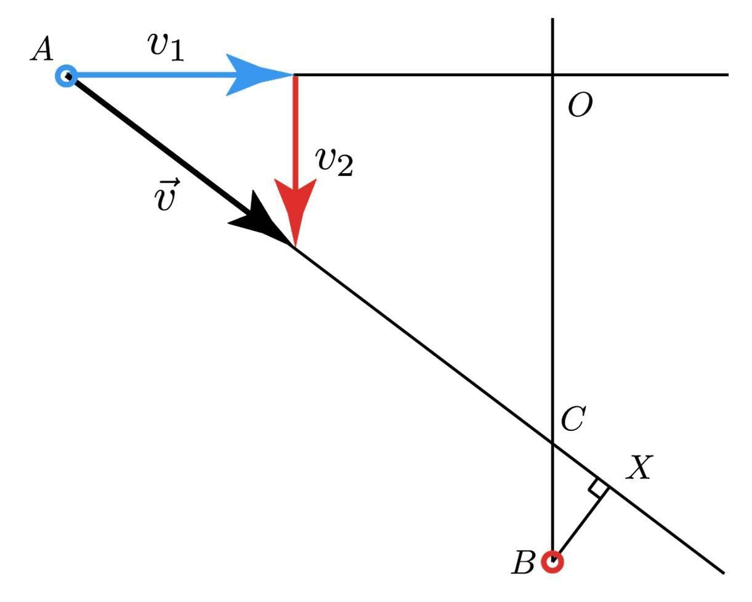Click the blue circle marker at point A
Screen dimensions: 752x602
65,76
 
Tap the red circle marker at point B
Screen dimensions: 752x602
552,561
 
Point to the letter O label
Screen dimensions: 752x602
580,107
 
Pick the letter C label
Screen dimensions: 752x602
572,420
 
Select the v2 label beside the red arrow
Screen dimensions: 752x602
334,163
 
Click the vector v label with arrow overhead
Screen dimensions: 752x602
168,196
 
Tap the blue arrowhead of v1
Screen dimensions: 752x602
256,75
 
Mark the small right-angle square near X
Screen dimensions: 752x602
597,488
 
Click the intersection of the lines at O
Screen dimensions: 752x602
552,75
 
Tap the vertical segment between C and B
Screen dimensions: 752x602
552,499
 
